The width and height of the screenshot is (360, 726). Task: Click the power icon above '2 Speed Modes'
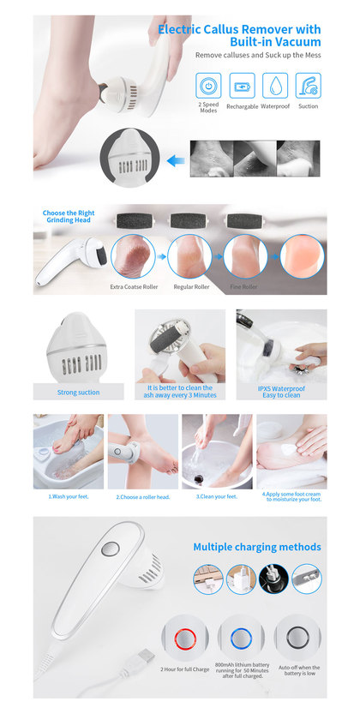coord(208,85)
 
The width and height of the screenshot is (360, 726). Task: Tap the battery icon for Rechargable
coord(242,85)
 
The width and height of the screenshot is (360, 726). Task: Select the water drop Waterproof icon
coord(275,85)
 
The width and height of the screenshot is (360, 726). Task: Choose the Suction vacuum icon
coord(309,85)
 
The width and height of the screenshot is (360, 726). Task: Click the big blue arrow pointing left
coord(176,161)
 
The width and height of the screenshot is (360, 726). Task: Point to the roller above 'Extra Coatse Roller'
coord(133,221)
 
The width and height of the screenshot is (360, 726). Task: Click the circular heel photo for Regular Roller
coord(189,256)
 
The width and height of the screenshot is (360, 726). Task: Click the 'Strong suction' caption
coord(78,393)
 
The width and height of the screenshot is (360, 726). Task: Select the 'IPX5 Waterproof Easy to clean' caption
coord(281,392)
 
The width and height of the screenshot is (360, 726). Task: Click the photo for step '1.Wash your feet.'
coord(69,452)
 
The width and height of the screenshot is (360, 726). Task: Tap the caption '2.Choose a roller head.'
coord(143,497)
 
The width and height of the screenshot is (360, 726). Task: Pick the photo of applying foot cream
coord(291,452)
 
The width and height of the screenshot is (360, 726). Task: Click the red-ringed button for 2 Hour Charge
coord(185,639)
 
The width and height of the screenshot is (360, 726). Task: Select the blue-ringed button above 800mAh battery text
coord(241,639)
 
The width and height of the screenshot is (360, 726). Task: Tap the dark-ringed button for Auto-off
coord(297,639)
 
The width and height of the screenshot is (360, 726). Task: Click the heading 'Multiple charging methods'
coord(257,547)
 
